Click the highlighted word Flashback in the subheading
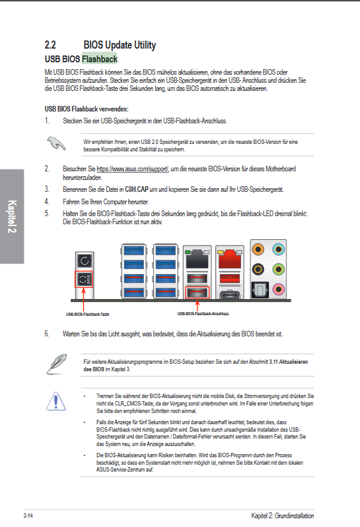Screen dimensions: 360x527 (x=100, y=59)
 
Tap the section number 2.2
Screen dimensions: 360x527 (x=50, y=45)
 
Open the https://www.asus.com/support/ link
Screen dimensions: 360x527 (x=133, y=169)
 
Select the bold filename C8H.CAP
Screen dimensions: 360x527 (x=136, y=189)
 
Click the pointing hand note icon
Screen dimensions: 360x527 (x=56, y=143)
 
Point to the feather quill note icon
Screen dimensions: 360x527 (x=56, y=364)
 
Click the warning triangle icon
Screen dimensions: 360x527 (x=56, y=401)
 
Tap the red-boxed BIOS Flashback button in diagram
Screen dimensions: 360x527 (x=83, y=279)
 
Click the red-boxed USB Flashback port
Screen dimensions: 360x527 (x=197, y=293)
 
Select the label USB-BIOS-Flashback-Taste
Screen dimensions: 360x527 (x=87, y=314)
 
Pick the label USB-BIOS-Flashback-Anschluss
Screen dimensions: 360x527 (x=203, y=313)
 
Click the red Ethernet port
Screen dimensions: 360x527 (x=230, y=259)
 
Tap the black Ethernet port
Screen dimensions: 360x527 (x=197, y=259)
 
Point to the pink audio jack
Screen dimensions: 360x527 (x=278, y=289)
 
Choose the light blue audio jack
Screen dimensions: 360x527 (x=278, y=249)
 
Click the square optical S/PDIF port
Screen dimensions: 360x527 (x=260, y=290)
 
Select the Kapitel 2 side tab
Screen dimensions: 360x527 (x=12, y=216)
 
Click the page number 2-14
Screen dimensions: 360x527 (x=28, y=516)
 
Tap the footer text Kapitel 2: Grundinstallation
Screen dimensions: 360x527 (x=282, y=516)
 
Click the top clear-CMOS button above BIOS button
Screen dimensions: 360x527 (x=84, y=260)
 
